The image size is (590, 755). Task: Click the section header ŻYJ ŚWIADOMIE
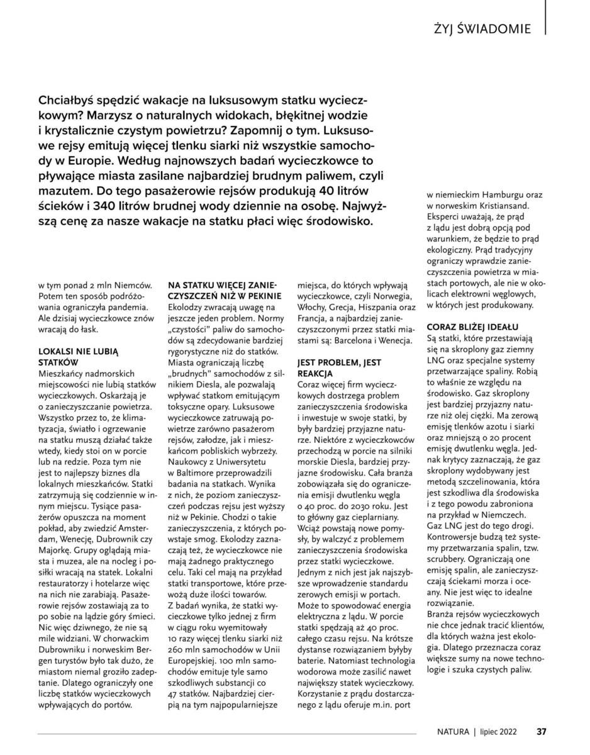point(482,29)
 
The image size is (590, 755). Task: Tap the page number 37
point(541,732)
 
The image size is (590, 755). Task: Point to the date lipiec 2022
point(500,732)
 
